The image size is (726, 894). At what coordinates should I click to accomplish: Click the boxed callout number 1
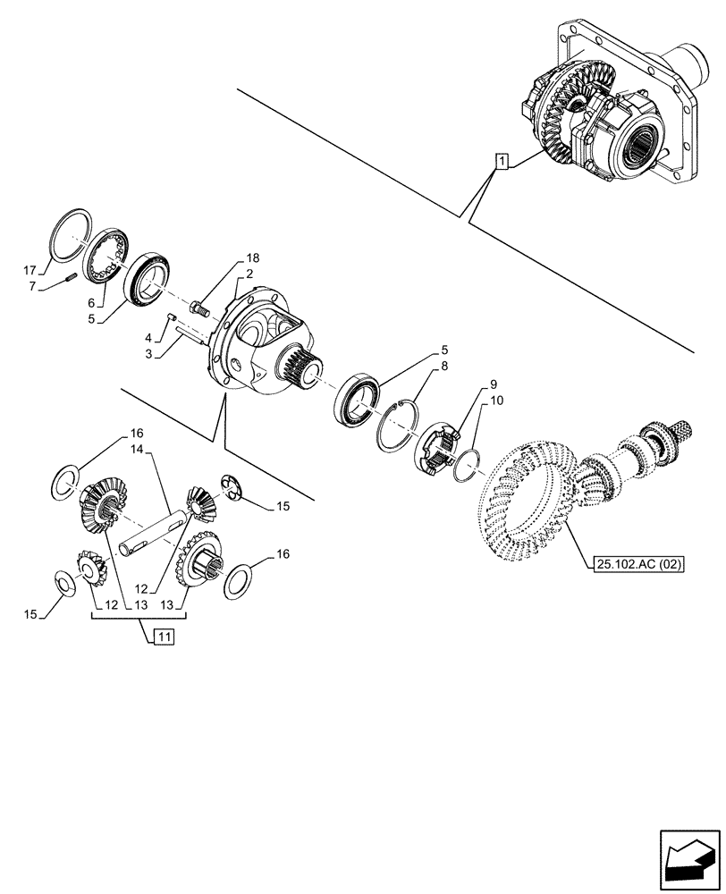click(502, 162)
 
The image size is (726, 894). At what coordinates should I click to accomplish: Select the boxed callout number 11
click(163, 637)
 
